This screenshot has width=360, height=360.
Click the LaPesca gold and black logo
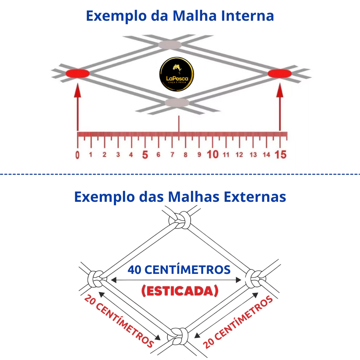coord(176,74)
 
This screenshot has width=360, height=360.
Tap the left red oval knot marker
coord(78,73)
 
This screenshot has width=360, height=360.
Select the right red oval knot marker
coord(279,73)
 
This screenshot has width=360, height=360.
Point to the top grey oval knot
coord(170,45)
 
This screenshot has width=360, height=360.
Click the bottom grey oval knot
coord(177,103)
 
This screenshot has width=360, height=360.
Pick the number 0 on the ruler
coord(77,155)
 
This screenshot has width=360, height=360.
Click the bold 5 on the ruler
coord(145,155)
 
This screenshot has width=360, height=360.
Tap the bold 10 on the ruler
coord(213,155)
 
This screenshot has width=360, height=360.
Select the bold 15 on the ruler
coord(281,155)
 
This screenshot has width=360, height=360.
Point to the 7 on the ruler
coord(172,155)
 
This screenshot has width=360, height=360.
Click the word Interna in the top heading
coord(247,16)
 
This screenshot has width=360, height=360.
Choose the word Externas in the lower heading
coord(255,197)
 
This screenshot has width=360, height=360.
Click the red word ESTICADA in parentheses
coord(180,291)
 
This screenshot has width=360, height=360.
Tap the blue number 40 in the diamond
coord(134,270)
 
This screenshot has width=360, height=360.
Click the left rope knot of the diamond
coord(97,279)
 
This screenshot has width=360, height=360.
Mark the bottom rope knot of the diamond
coord(178,336)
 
